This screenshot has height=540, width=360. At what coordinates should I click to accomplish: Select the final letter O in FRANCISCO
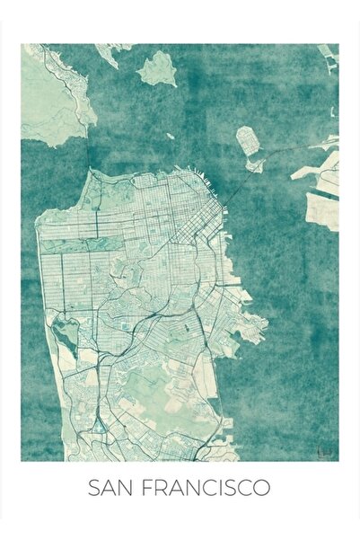[x=261, y=489]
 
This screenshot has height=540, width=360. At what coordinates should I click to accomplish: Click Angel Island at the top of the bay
[x=157, y=68]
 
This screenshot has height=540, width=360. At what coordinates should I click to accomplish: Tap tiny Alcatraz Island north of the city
[x=170, y=137]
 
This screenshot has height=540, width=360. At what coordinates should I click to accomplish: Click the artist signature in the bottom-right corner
[x=329, y=447]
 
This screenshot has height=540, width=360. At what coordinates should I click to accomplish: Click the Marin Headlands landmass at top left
[x=54, y=99]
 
